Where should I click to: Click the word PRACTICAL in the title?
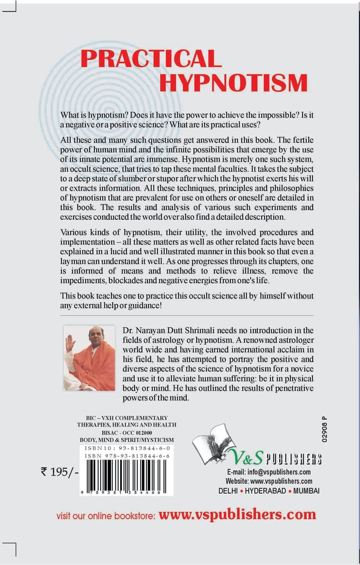tap(151, 59)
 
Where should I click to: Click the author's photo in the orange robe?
tap(89, 358)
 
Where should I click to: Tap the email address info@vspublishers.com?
tap(269, 472)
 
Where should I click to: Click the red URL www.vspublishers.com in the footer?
tap(237, 515)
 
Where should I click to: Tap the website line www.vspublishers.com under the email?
tap(269, 481)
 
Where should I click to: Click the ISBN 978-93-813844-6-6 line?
tap(126, 457)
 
